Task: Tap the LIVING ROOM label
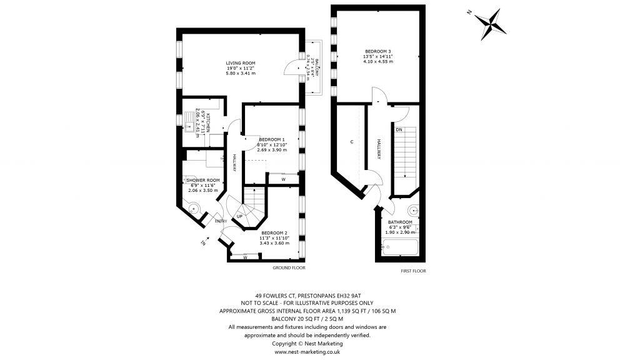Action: click(x=241, y=63)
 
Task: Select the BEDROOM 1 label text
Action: click(x=272, y=139)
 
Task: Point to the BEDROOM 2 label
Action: click(x=274, y=232)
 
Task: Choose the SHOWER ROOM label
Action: click(x=201, y=180)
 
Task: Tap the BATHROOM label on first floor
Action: click(x=400, y=222)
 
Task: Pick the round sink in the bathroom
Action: click(x=412, y=211)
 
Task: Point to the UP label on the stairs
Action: click(x=239, y=216)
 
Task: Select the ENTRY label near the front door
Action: click(x=221, y=221)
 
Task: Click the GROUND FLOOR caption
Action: click(x=288, y=267)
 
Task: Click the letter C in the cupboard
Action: click(x=352, y=142)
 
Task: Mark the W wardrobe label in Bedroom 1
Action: click(x=283, y=180)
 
